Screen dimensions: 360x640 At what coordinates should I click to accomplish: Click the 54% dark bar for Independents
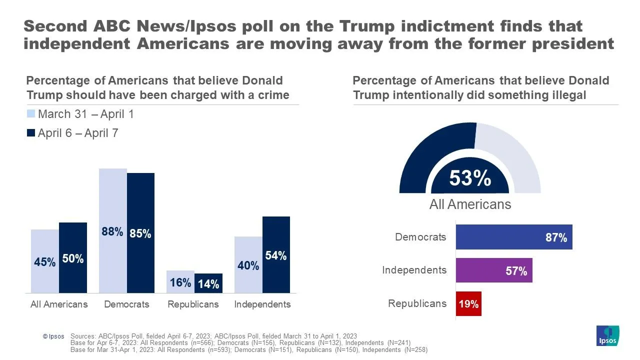(276, 254)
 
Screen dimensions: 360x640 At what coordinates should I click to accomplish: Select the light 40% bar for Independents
(248, 264)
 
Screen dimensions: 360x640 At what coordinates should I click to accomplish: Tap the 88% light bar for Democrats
(112, 230)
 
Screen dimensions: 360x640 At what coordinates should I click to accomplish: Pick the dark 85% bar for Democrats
(140, 232)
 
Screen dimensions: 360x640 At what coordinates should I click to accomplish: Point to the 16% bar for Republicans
(180, 281)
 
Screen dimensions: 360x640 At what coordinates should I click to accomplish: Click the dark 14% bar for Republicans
(208, 283)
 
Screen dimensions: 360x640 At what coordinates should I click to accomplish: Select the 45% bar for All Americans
(45, 261)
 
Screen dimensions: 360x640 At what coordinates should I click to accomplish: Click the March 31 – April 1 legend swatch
(31, 114)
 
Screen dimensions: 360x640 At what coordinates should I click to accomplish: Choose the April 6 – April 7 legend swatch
(31, 133)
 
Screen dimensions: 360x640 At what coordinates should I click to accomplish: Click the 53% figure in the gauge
(470, 178)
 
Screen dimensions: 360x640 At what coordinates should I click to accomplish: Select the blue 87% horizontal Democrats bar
(513, 237)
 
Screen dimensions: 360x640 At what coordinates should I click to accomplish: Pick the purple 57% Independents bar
(493, 270)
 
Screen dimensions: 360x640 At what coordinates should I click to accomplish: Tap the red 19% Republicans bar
(468, 303)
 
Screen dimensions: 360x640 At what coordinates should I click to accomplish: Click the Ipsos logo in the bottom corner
(607, 335)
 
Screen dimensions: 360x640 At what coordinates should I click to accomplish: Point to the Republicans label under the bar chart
(193, 304)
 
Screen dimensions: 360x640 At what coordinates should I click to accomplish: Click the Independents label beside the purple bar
(414, 270)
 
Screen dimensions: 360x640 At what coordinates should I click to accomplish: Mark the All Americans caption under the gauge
(470, 204)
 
